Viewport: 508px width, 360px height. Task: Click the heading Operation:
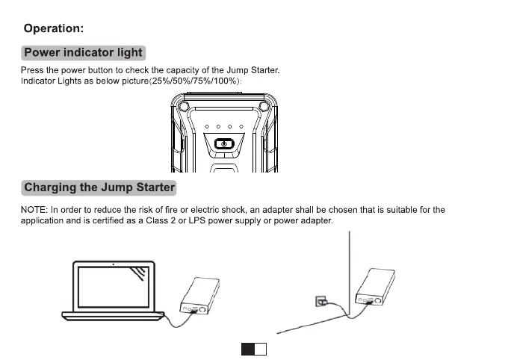click(x=53, y=28)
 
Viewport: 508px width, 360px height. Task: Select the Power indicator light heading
click(x=83, y=52)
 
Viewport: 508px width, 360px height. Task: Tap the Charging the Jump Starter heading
click(x=99, y=187)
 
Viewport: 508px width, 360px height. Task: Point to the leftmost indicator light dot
click(x=206, y=127)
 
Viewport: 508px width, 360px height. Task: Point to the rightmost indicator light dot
click(x=241, y=127)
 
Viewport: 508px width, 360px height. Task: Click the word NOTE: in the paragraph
click(x=34, y=210)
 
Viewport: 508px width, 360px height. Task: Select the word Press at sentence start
click(x=32, y=71)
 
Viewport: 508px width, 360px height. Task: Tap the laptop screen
click(x=112, y=286)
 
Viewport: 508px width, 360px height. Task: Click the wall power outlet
click(x=321, y=301)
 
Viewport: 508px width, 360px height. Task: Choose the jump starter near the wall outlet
click(x=373, y=287)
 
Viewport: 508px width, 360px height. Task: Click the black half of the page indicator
click(x=247, y=348)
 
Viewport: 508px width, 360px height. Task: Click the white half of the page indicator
click(x=261, y=348)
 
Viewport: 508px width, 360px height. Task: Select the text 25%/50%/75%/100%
click(x=196, y=81)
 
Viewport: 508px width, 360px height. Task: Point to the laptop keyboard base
click(x=112, y=314)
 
